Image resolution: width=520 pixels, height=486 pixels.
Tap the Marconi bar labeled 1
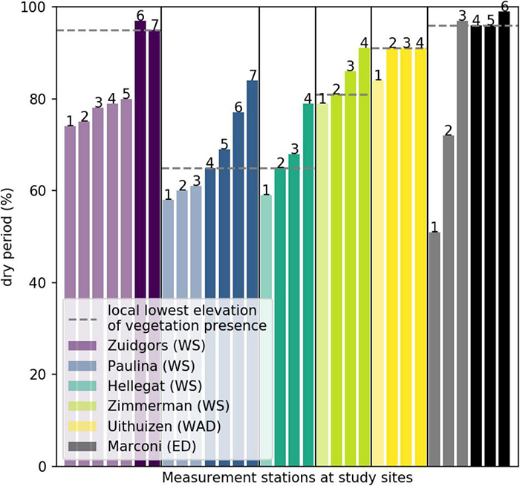[435, 349]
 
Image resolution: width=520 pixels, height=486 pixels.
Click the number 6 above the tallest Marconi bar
[504, 6]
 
